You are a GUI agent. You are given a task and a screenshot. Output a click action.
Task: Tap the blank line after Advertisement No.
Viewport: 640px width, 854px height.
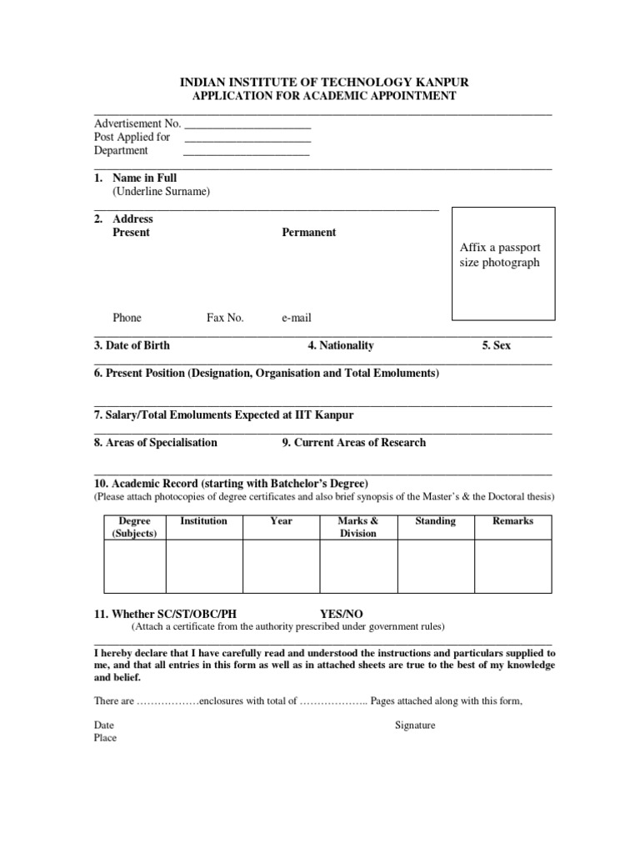247,126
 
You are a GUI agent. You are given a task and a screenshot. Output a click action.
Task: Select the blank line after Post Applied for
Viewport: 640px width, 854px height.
247,139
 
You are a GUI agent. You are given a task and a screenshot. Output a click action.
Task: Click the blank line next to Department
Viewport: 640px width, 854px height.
247,153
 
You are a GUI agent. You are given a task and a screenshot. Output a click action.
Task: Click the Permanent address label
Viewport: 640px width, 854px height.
308,233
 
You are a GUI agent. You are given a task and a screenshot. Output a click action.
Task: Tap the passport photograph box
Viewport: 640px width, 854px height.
503,264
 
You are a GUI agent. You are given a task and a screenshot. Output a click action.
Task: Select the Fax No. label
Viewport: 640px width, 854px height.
225,318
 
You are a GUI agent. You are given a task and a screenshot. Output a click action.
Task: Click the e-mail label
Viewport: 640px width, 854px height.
296,318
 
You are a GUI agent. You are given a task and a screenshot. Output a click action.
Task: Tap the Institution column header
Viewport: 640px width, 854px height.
203,521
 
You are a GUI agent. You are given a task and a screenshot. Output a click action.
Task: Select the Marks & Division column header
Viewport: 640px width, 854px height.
358,527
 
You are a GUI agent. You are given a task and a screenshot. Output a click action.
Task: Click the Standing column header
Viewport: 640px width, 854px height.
435,521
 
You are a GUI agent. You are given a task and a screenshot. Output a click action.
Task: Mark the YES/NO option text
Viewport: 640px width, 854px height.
342,614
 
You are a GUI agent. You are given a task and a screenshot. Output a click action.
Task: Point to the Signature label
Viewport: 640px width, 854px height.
415,725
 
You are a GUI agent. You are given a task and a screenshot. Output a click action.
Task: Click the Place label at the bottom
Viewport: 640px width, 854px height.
105,738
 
